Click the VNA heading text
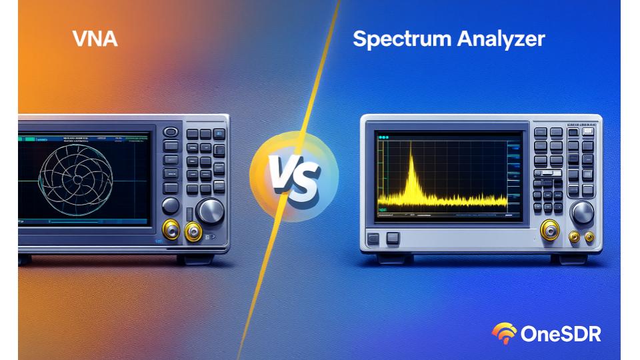click(95, 38)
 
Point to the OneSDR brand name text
click(561, 333)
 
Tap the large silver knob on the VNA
click(211, 211)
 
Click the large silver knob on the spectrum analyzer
click(582, 213)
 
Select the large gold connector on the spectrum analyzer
click(550, 230)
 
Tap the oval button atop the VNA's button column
click(171, 133)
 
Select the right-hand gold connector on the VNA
click(194, 232)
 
